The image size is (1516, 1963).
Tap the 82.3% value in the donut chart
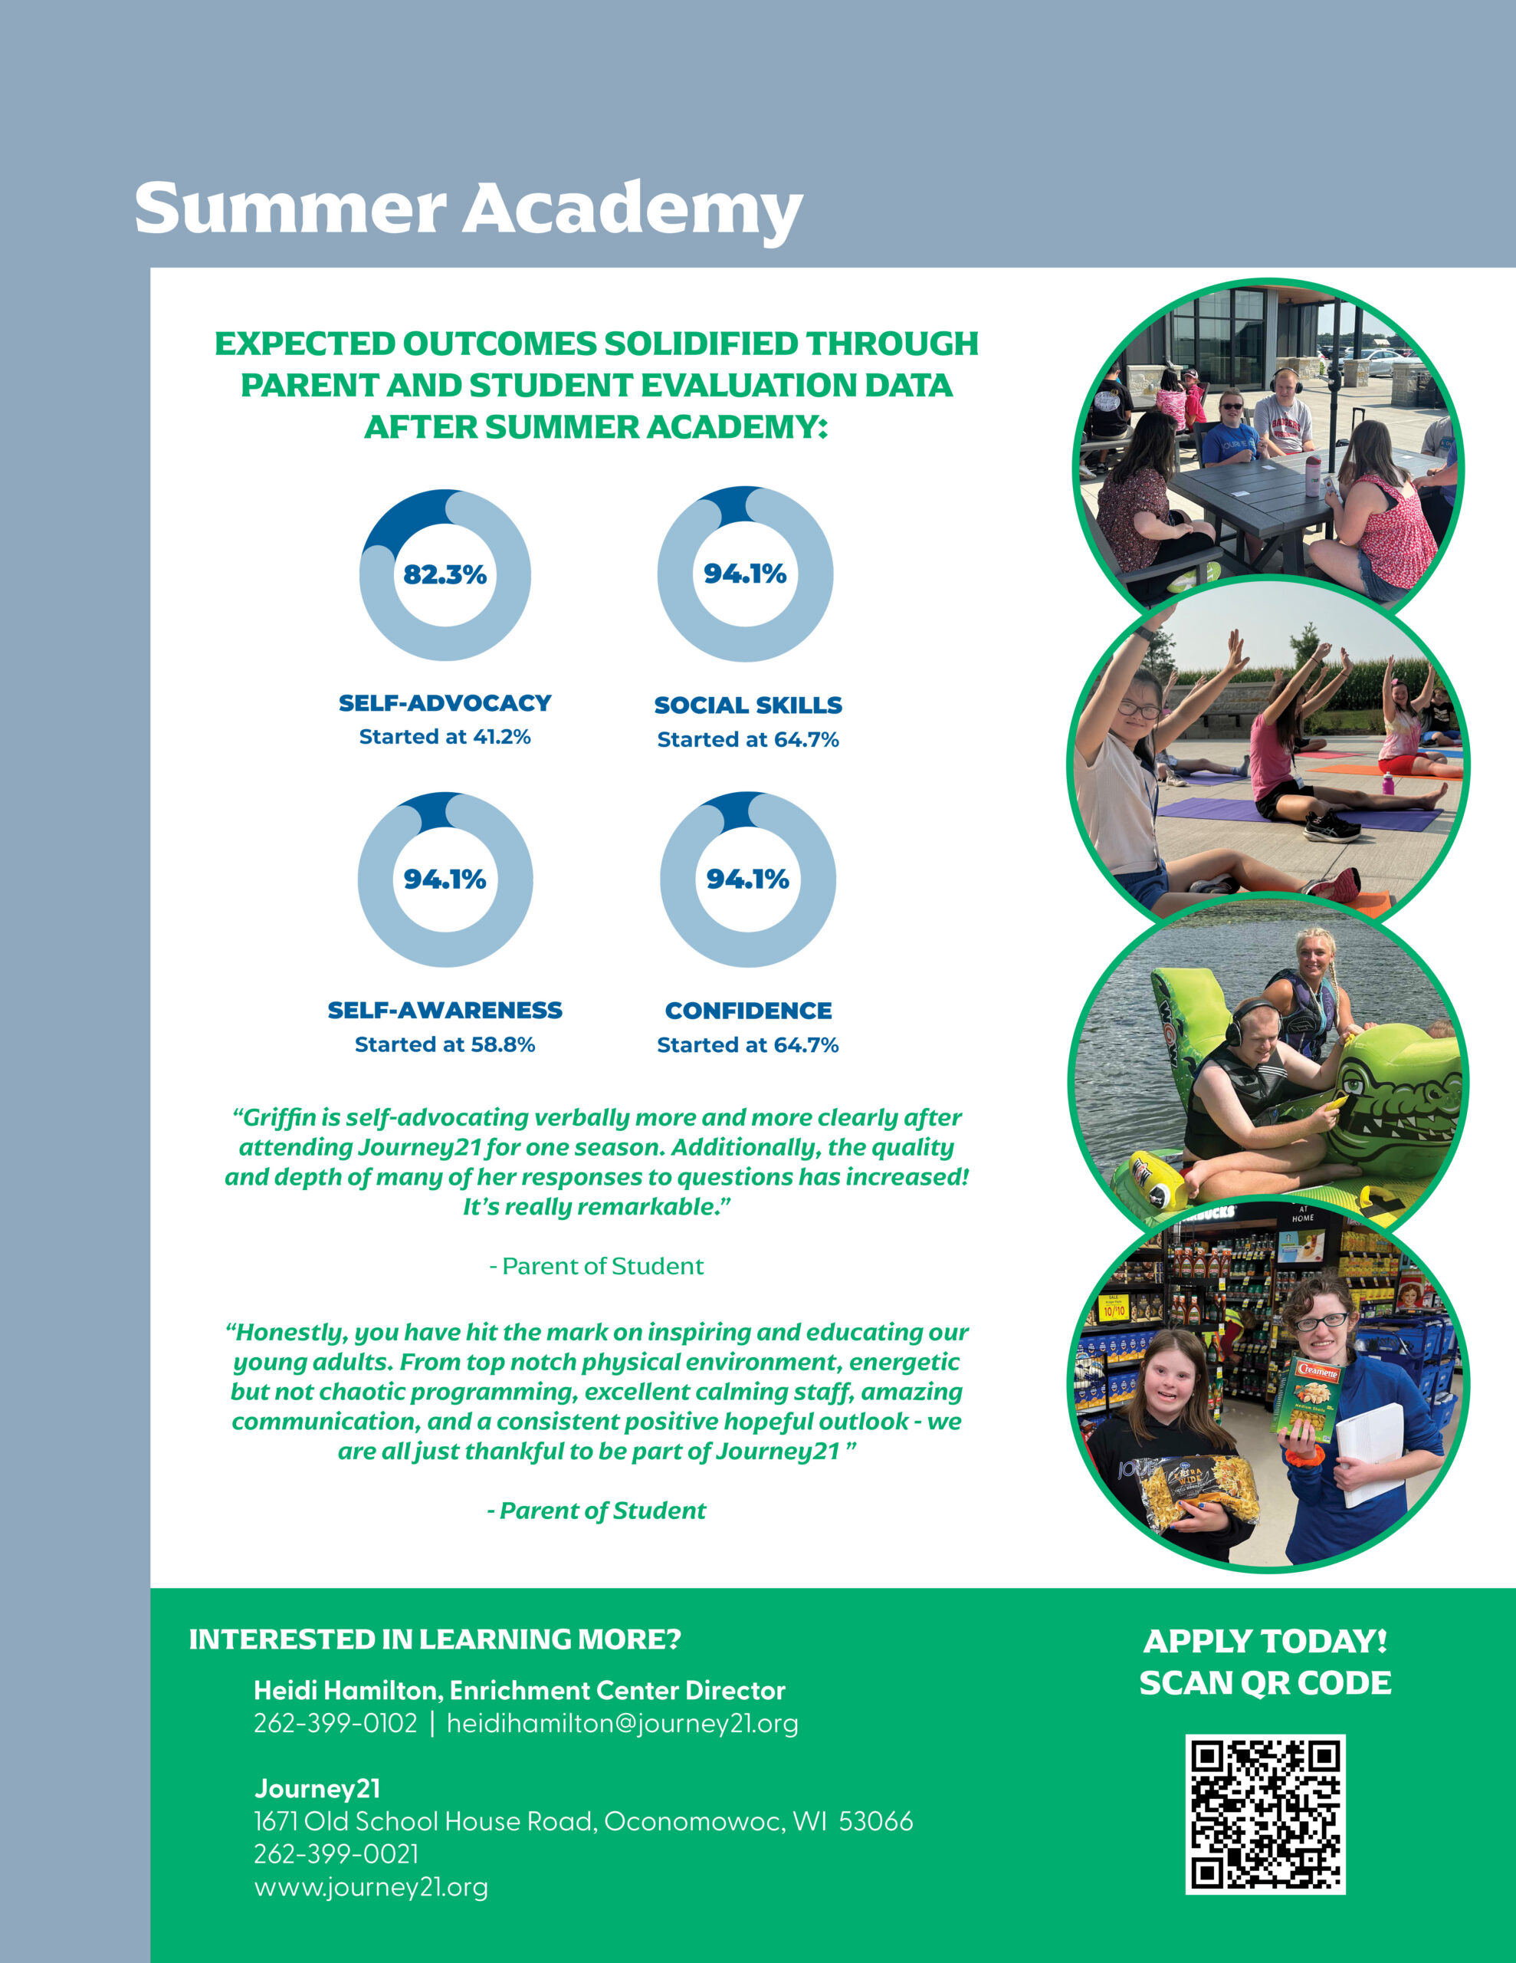point(445,574)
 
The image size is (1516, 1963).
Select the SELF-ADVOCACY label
point(445,703)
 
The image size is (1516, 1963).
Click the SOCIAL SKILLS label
point(748,705)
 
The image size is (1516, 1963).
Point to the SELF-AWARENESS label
point(445,1011)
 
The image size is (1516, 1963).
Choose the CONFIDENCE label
point(748,1011)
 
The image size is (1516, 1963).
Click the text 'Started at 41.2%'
point(445,737)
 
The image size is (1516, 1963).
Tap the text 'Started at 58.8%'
point(445,1044)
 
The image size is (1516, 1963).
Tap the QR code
point(1265,1813)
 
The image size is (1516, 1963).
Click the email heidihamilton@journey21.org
point(622,1723)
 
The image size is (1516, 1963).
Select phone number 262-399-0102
point(335,1723)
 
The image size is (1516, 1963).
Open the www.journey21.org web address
point(370,1886)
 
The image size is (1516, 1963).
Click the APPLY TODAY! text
point(1265,1641)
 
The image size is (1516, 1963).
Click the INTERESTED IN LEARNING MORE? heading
point(435,1639)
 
